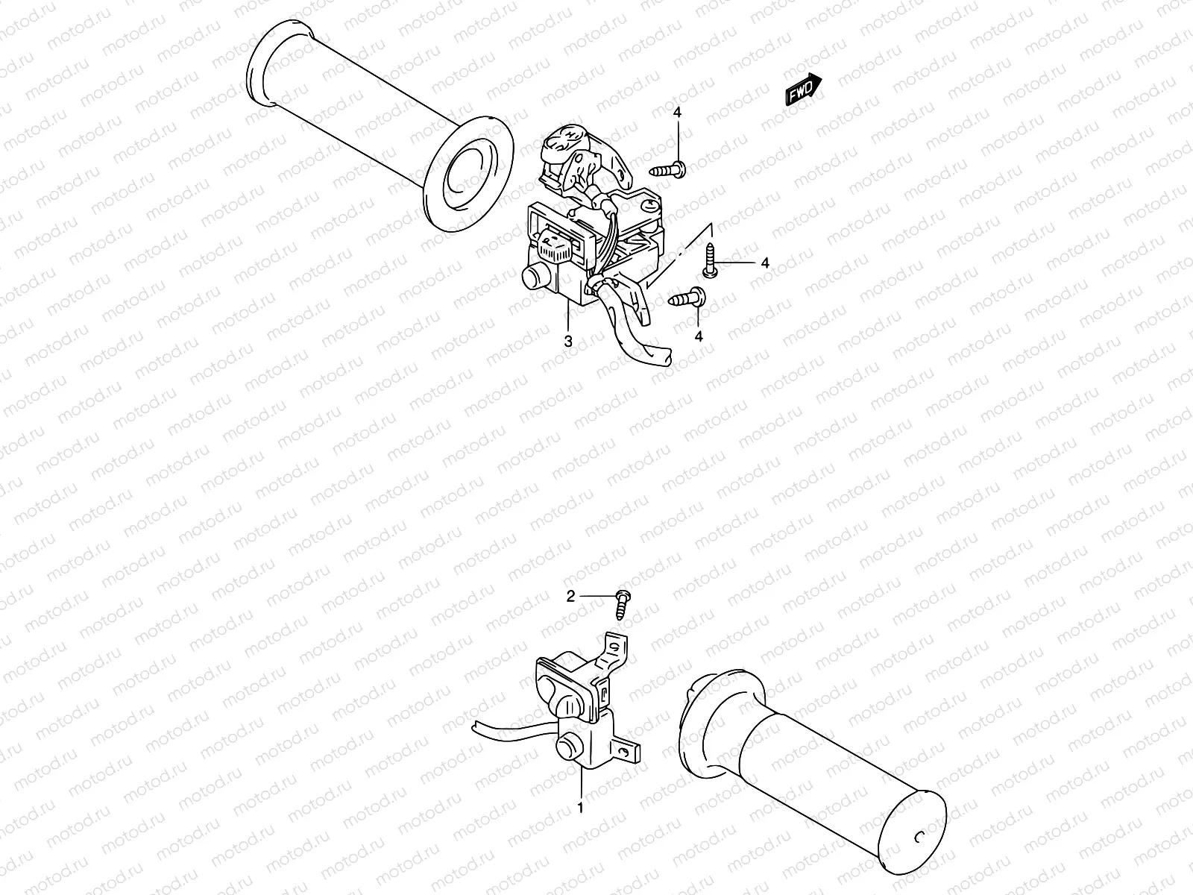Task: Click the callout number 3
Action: point(568,342)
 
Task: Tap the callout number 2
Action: point(571,596)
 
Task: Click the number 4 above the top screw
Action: point(677,113)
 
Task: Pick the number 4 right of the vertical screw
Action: point(764,263)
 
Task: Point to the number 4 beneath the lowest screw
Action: point(699,337)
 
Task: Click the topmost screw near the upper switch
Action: point(669,171)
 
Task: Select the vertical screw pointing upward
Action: point(711,261)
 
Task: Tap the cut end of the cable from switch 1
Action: point(475,729)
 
